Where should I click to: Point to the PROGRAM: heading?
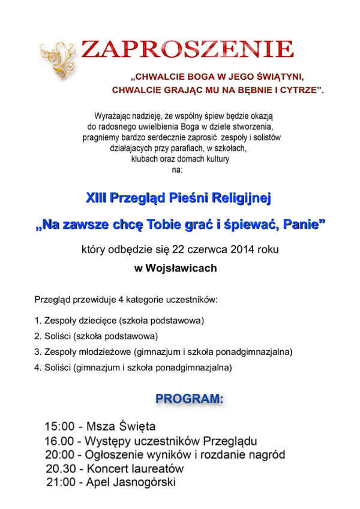tap(189, 399)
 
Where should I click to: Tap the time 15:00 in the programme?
tap(59, 427)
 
